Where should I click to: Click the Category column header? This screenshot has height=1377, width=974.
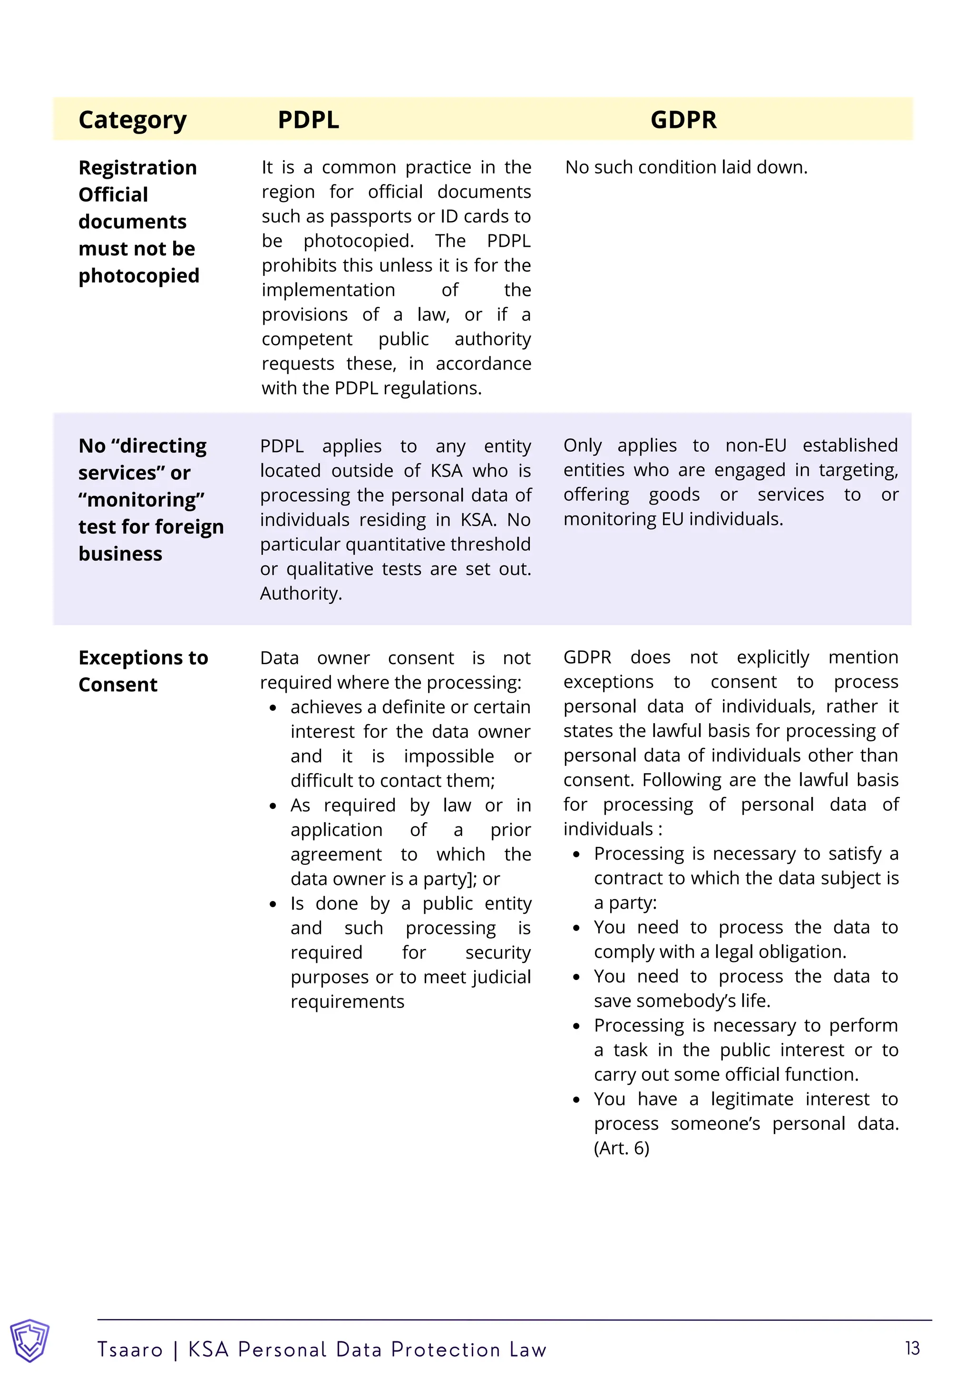pos(133,120)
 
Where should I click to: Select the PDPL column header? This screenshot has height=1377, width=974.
pos(308,120)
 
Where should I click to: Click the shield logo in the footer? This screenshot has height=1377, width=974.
pos(29,1340)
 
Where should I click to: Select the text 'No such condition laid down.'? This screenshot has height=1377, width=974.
pos(686,167)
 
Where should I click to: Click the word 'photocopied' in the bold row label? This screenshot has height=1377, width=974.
pos(138,276)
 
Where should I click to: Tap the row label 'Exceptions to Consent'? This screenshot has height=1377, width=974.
pos(143,671)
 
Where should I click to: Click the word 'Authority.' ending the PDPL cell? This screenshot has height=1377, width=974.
pos(301,594)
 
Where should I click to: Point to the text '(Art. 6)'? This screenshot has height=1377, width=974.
pos(621,1148)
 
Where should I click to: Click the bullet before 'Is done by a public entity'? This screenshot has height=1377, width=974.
pos(273,904)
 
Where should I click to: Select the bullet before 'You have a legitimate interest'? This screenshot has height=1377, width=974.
pos(576,1100)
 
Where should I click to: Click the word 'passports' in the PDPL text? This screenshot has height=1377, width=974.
pos(384,216)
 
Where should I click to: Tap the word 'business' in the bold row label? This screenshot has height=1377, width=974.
pos(120,553)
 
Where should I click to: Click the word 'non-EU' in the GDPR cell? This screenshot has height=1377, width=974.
pos(756,446)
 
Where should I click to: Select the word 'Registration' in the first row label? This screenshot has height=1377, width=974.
pos(137,168)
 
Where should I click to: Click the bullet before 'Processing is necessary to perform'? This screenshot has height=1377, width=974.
pos(576,1026)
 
